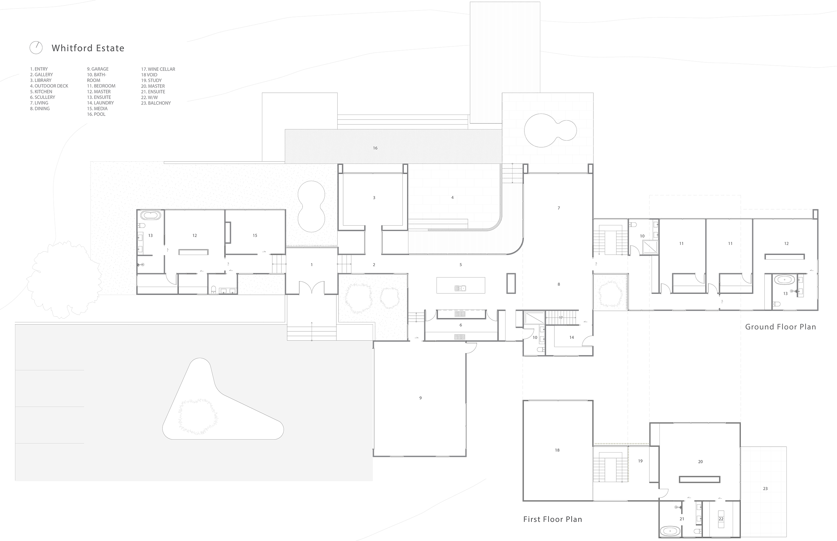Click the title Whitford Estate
tap(88, 48)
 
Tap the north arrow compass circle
tap(36, 47)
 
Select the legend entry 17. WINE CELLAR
tap(158, 69)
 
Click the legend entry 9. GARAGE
tap(98, 69)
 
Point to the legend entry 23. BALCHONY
tap(156, 103)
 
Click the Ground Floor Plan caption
tap(780, 327)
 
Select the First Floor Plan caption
tap(553, 519)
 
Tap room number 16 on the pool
tap(375, 148)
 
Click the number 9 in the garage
tap(420, 398)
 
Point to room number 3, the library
tap(374, 198)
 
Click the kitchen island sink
tap(460, 288)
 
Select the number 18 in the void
tap(557, 450)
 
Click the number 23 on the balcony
tap(765, 489)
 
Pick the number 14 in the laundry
tap(572, 338)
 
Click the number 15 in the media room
tap(255, 236)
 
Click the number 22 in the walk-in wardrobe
tap(721, 519)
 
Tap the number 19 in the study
tap(641, 461)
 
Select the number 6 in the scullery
tap(461, 325)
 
